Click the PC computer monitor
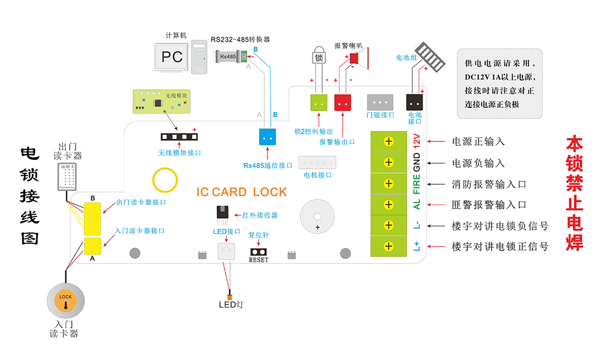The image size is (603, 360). coord(172,57)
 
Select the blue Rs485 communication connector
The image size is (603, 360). coord(267,137)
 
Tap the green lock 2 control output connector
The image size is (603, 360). coord(319,103)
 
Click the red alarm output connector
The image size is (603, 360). coord(343,103)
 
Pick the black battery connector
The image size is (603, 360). coord(414,102)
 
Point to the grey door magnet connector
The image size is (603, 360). coord(380,102)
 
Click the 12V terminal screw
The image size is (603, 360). coord(389,141)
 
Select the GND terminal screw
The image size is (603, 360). coord(389,162)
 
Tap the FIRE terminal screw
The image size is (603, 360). coord(389,184)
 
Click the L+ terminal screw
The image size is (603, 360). coord(389,246)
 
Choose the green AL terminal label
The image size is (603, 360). coord(417,204)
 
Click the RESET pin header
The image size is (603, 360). coord(258,252)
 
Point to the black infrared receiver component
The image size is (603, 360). coord(223,213)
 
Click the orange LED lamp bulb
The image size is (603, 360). coord(229,296)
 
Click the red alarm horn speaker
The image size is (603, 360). coord(359,58)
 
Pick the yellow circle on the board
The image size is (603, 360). coord(165,179)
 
